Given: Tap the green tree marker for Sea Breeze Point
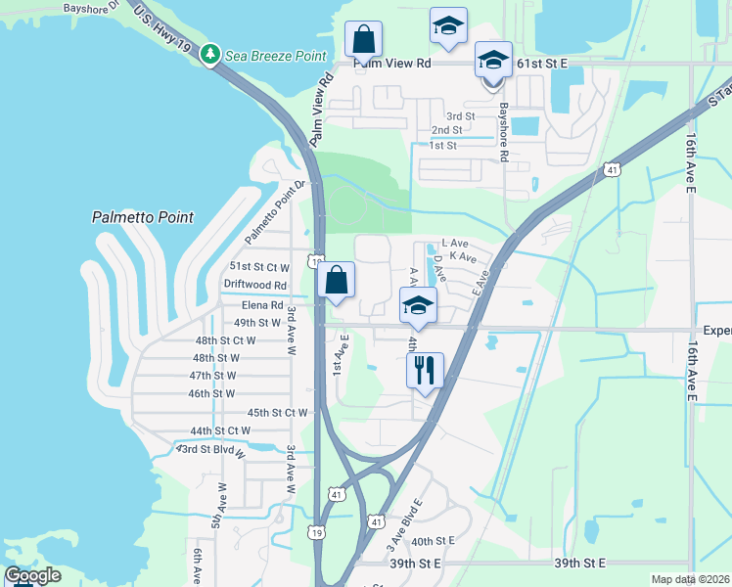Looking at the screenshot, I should [x=209, y=53].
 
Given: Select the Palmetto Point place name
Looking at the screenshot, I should [x=143, y=217].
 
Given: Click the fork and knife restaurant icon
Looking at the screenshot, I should [x=425, y=370].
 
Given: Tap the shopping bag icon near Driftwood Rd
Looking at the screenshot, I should [x=336, y=280].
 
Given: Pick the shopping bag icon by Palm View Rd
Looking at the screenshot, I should [x=363, y=41].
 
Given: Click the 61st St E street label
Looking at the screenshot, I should [x=542, y=63].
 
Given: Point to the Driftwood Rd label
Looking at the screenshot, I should [x=254, y=285].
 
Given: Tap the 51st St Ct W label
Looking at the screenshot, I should [x=259, y=266].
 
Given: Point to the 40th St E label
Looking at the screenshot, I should [x=434, y=541].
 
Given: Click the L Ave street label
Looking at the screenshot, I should [x=455, y=242].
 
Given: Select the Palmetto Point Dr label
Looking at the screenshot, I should [x=275, y=212].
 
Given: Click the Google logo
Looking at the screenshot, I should [x=32, y=575].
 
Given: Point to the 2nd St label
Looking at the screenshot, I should [x=446, y=129].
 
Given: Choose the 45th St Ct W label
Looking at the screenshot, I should [x=277, y=412].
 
